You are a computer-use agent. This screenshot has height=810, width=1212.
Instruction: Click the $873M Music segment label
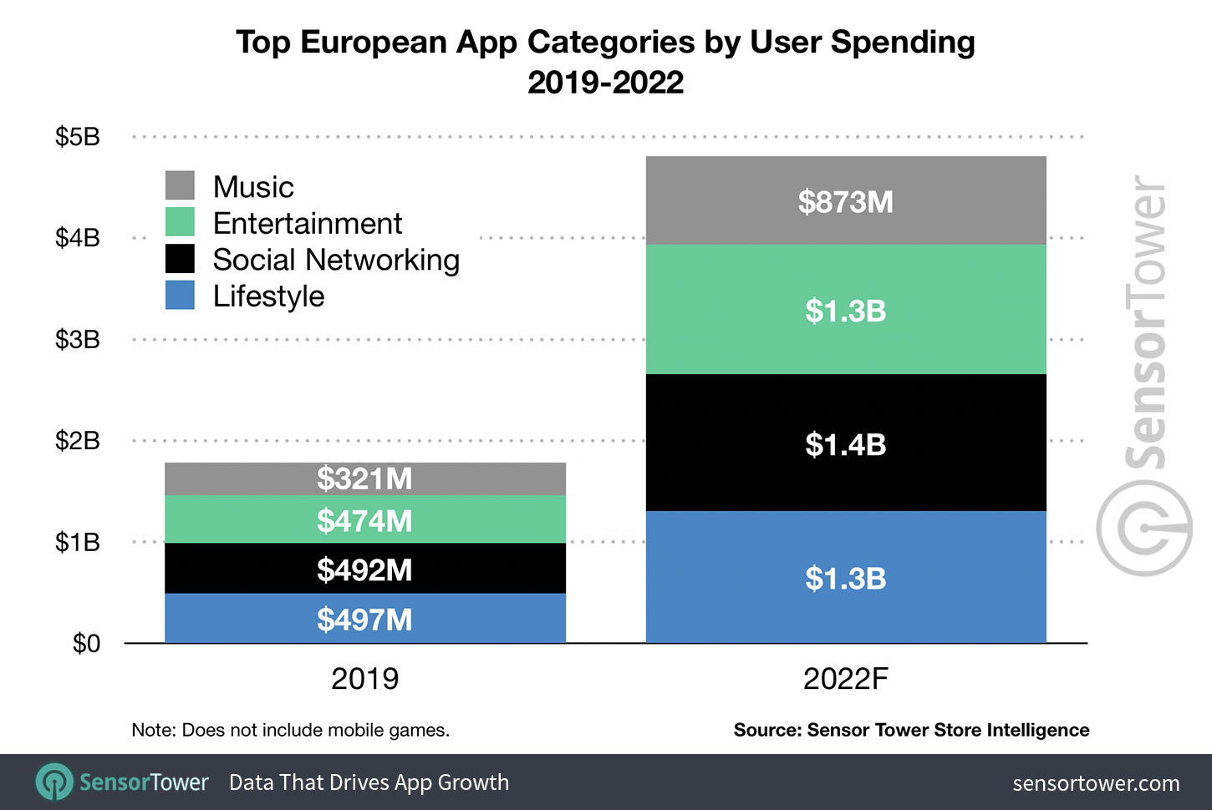tap(845, 202)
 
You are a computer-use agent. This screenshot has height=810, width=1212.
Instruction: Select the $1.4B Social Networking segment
tap(846, 443)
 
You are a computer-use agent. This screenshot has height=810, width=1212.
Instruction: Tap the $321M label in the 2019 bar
tap(364, 478)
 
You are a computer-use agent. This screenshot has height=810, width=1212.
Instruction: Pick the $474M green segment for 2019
tap(365, 519)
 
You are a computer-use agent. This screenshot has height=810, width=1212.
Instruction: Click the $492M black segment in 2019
tap(365, 569)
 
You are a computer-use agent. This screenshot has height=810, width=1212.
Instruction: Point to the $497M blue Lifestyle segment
tap(365, 618)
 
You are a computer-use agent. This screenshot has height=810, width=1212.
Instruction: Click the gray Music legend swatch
tap(180, 185)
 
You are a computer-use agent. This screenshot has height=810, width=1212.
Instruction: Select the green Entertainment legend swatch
tap(180, 221)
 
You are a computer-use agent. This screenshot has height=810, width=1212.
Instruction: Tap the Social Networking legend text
tap(336, 260)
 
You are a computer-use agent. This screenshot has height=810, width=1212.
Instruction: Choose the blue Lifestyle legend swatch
tap(180, 295)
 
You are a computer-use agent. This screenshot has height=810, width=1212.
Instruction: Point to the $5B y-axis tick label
tap(78, 137)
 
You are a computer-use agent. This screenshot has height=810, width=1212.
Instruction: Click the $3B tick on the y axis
tap(78, 340)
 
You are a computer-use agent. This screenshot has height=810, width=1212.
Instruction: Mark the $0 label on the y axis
tap(87, 644)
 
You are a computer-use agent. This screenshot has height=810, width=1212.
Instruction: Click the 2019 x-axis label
tap(364, 679)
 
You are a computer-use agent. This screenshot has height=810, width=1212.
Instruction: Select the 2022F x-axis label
tap(846, 679)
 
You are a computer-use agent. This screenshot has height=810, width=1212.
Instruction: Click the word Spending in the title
tap(903, 43)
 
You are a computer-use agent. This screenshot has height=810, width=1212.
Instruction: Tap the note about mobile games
tap(291, 730)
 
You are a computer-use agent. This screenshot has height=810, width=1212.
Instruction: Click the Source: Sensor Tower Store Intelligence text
tap(912, 730)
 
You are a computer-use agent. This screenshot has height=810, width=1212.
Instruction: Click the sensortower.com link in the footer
tap(1096, 783)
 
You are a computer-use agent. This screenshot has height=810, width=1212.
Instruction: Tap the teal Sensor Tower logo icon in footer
tap(54, 782)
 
